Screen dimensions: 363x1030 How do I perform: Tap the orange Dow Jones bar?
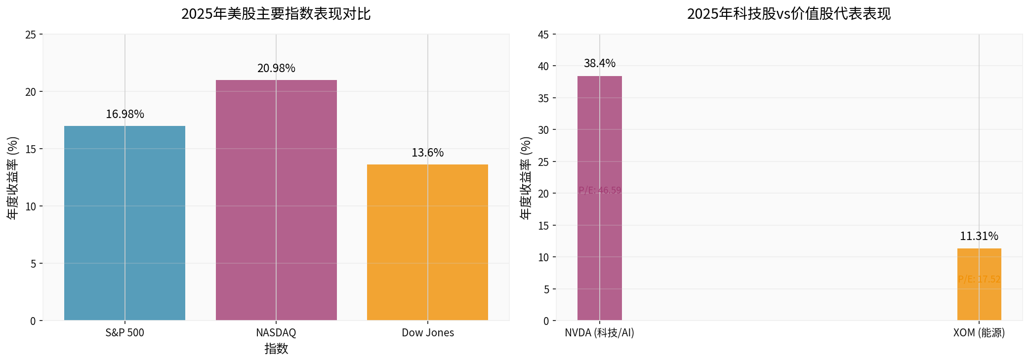click(x=427, y=242)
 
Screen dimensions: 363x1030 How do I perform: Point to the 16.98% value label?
click(x=125, y=114)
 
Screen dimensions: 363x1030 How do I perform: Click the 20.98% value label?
click(x=276, y=68)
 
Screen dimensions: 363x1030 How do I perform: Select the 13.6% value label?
click(x=427, y=153)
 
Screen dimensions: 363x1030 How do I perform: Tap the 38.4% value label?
click(x=599, y=63)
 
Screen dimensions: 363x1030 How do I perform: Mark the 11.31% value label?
click(x=979, y=236)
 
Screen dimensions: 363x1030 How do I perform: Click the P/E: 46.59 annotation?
click(x=599, y=190)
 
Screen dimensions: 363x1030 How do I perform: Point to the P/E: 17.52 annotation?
click(x=979, y=279)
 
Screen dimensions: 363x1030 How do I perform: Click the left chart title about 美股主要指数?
click(x=276, y=13)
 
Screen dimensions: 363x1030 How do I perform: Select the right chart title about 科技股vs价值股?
click(x=788, y=13)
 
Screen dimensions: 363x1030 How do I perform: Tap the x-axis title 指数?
click(x=276, y=349)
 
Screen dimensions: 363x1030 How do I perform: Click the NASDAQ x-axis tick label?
click(x=276, y=332)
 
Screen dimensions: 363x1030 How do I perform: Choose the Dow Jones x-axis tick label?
click(x=427, y=332)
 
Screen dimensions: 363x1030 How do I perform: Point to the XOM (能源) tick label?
click(x=979, y=332)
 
